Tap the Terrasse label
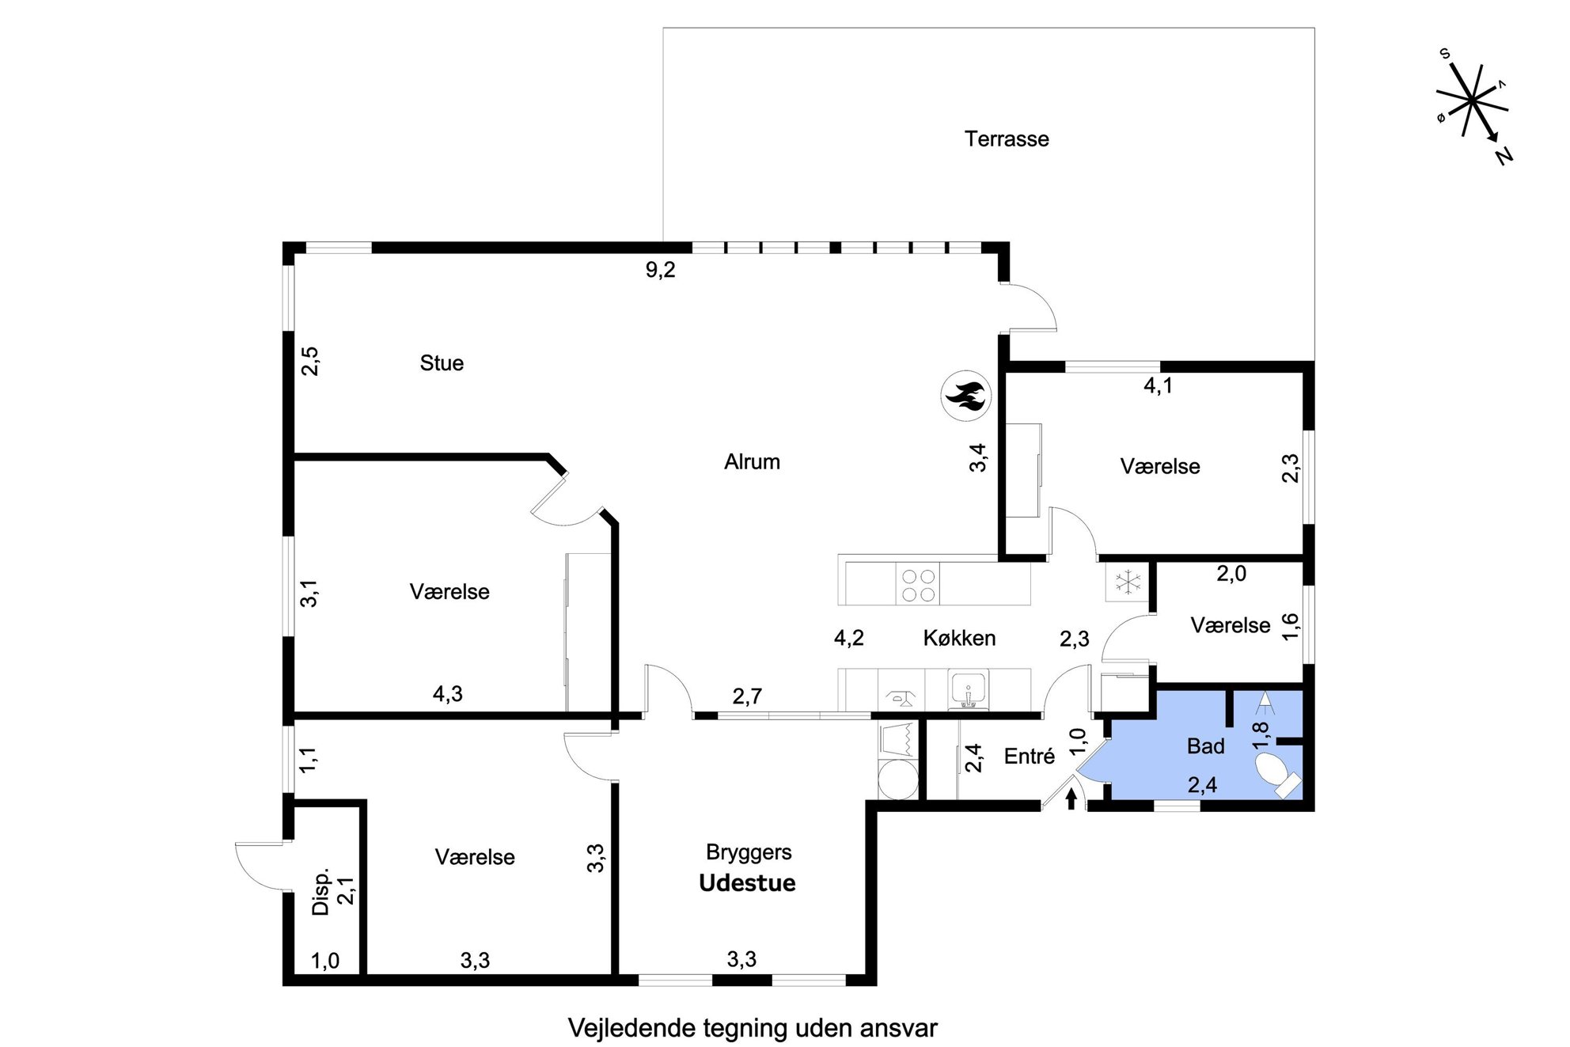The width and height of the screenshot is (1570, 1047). point(1007,139)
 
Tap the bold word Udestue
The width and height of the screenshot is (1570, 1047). point(747,883)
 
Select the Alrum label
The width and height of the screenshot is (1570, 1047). point(752,461)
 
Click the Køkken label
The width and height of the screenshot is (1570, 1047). point(959,638)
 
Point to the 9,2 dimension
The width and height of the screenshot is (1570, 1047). point(660,271)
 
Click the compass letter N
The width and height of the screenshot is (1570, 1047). point(1504,156)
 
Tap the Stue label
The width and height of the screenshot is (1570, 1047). point(442,363)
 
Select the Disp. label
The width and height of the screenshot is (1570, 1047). point(320,893)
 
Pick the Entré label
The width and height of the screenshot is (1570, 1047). point(1030,757)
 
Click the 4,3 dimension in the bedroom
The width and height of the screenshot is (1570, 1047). point(447,694)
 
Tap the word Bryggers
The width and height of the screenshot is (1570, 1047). point(749,852)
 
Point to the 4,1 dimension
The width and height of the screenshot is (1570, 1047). point(1159,386)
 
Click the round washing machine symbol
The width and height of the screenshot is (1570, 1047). point(898,779)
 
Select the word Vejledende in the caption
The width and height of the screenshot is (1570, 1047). point(631,1029)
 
